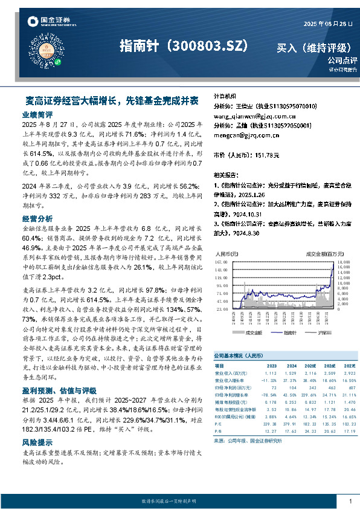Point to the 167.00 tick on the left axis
click(220, 263)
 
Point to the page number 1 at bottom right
click(350, 501)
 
